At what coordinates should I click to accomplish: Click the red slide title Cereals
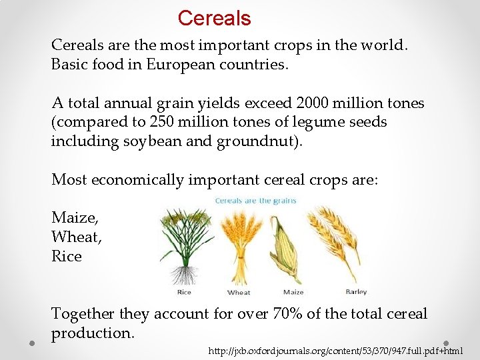214,18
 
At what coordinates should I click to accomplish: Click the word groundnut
256,141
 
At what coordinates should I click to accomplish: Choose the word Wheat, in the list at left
76,237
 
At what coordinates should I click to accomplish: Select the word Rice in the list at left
67,256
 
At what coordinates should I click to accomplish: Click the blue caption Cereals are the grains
255,201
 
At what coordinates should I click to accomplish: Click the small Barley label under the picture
356,292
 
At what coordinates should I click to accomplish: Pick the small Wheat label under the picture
239,293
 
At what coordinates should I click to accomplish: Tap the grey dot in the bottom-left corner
31,343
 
